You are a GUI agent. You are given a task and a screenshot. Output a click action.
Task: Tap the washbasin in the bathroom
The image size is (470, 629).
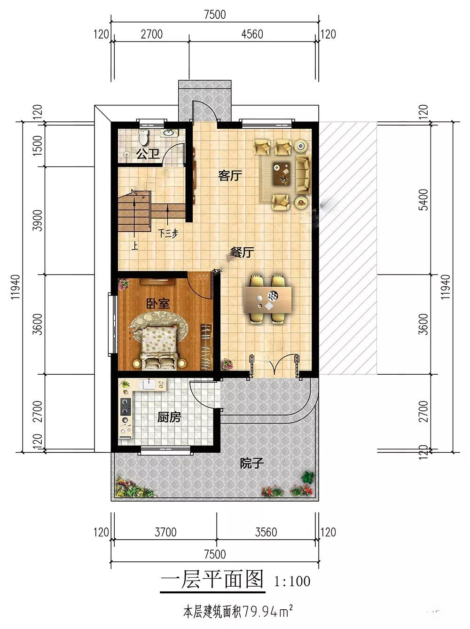pyautogui.click(x=169, y=133)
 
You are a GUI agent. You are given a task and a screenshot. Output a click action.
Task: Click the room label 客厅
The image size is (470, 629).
pyautogui.click(x=230, y=175)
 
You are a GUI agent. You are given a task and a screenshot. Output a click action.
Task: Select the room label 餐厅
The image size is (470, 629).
pyautogui.click(x=243, y=252)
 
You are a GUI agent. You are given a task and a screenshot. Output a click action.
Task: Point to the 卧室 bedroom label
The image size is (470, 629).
pyautogui.click(x=158, y=304)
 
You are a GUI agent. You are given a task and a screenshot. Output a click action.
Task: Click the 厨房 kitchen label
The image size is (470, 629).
pyautogui.click(x=169, y=417)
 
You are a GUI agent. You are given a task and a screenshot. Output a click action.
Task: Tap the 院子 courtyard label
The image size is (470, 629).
pyautogui.click(x=251, y=463)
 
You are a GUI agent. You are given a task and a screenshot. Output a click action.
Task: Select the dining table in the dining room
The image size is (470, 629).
pyautogui.click(x=268, y=300)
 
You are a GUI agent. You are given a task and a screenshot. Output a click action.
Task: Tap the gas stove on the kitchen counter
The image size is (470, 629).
pyautogui.click(x=125, y=407)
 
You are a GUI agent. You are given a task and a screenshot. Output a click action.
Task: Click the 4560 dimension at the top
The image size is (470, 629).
pyautogui.click(x=252, y=34)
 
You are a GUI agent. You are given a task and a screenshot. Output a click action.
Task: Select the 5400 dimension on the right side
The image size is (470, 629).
pyautogui.click(x=423, y=200)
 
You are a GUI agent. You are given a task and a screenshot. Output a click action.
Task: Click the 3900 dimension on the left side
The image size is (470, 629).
pyautogui.click(x=38, y=220)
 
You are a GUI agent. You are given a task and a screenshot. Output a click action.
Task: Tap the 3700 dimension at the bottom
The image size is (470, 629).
pyautogui.click(x=165, y=532)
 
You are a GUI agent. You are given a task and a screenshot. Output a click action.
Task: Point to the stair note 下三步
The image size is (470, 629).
pyautogui.click(x=168, y=234)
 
